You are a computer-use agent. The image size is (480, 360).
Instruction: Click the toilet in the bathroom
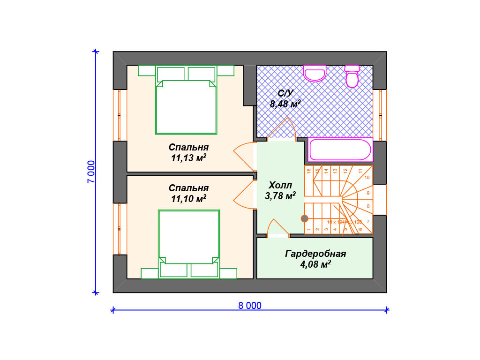click(352, 77)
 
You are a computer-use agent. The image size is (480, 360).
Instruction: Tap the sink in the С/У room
click(315, 74)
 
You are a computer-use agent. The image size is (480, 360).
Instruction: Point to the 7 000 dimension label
click(91, 172)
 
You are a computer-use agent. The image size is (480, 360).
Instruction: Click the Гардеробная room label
click(315, 254)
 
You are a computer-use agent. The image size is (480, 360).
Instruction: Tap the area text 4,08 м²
click(315, 265)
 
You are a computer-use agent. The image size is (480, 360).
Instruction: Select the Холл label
click(280, 185)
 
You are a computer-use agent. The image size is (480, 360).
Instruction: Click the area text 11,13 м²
click(189, 158)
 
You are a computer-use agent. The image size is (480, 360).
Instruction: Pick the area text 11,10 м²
click(189, 199)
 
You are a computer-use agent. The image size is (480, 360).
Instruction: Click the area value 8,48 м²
click(285, 104)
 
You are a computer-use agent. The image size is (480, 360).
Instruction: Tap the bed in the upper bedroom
click(187, 105)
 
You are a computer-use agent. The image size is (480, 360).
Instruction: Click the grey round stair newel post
click(304, 218)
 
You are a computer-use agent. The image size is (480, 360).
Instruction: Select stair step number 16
click(309, 171)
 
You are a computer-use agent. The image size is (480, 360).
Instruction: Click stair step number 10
click(367, 178)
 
